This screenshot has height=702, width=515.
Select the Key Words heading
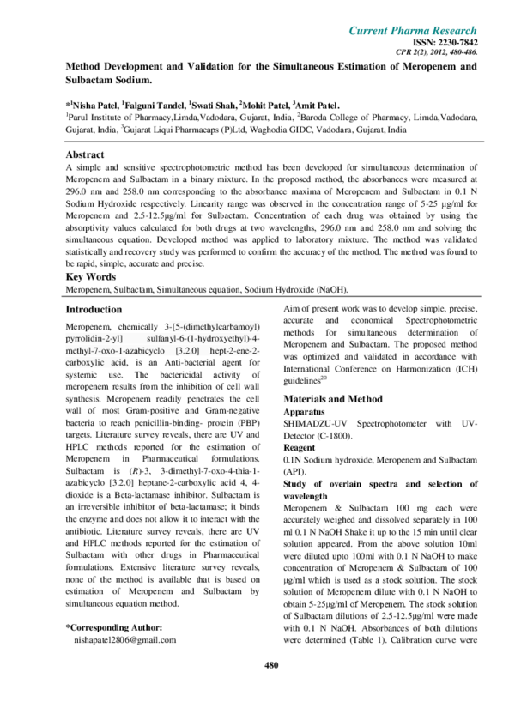(88, 277)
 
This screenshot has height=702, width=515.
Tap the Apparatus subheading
(305, 412)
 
